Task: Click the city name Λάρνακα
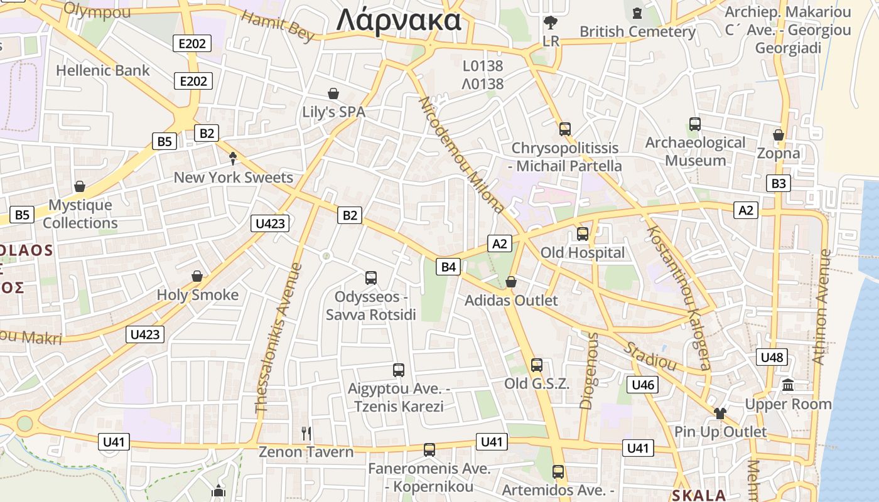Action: pyautogui.click(x=399, y=20)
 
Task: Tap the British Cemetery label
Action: pyautogui.click(x=637, y=31)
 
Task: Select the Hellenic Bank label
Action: pyautogui.click(x=103, y=70)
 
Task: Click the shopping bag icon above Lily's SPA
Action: pyautogui.click(x=333, y=94)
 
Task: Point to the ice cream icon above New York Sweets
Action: pyautogui.click(x=233, y=158)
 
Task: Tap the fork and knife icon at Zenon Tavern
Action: pyautogui.click(x=306, y=433)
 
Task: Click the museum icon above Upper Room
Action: pyautogui.click(x=788, y=385)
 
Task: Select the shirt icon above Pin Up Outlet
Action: pyautogui.click(x=720, y=413)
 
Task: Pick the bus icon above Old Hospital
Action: pyautogui.click(x=583, y=234)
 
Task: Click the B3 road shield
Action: pyautogui.click(x=778, y=184)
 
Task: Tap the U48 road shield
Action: pyautogui.click(x=772, y=358)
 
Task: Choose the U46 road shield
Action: pyautogui.click(x=643, y=385)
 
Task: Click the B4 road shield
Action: pyautogui.click(x=448, y=267)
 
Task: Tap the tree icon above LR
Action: pyautogui.click(x=551, y=23)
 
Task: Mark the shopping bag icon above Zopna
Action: pyautogui.click(x=779, y=135)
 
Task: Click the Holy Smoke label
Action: pyautogui.click(x=198, y=295)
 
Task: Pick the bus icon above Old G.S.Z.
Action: pyautogui.click(x=537, y=365)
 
